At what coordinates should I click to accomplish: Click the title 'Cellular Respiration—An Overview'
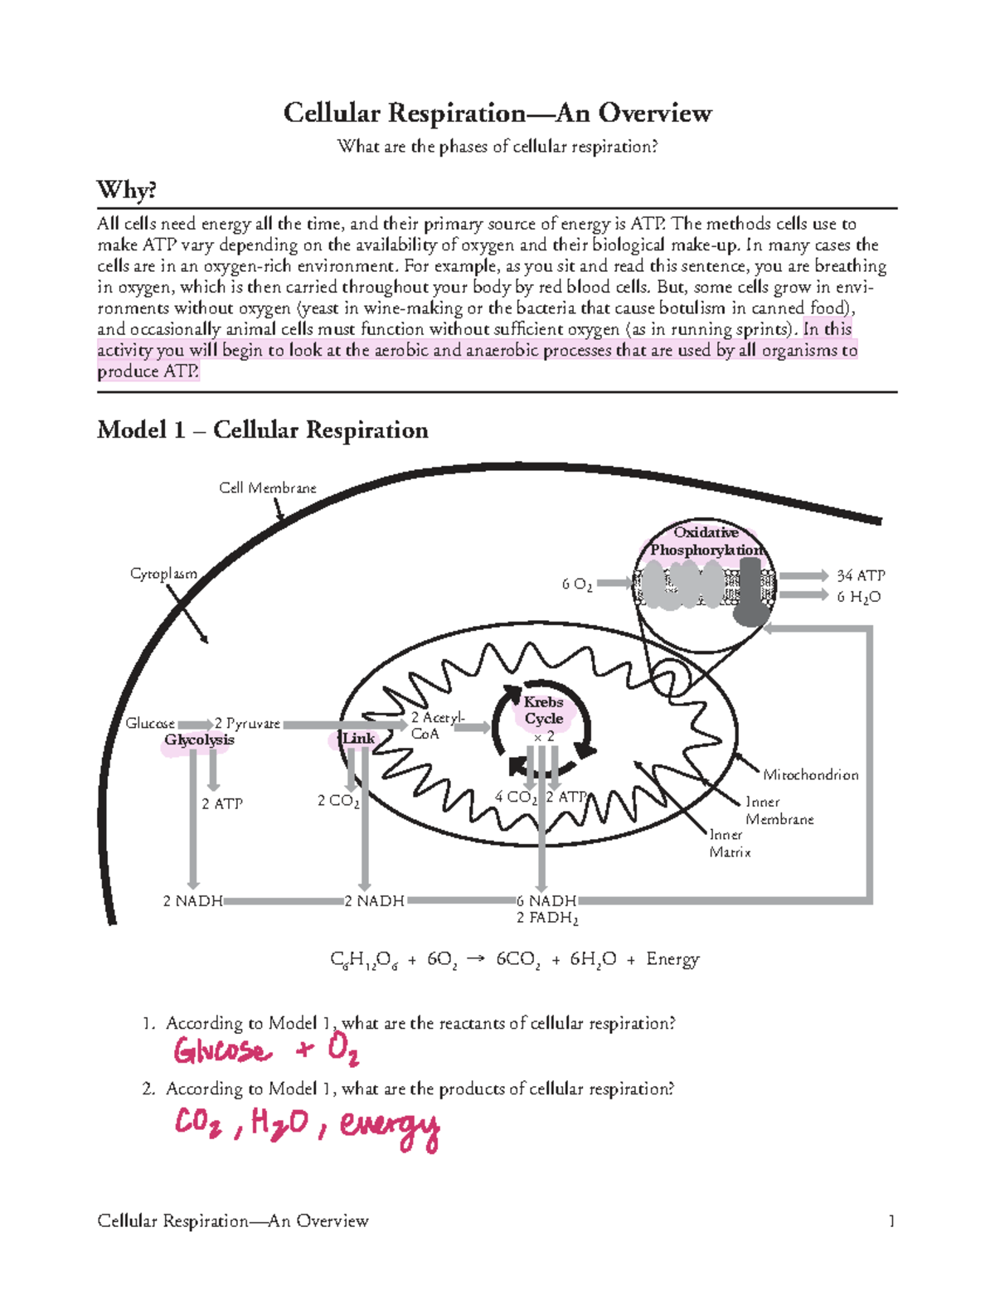click(x=498, y=113)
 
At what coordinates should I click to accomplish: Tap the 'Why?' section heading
click(x=126, y=190)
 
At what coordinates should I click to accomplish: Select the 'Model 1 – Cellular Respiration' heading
click(x=262, y=429)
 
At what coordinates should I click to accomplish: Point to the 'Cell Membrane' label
click(x=267, y=487)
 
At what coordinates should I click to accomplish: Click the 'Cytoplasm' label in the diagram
click(x=163, y=574)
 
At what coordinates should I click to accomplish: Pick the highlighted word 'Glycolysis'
click(x=199, y=740)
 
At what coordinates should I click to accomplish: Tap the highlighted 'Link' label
click(x=358, y=738)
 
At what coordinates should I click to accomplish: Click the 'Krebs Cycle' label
click(x=544, y=710)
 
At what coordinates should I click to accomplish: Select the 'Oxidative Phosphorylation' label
click(x=706, y=541)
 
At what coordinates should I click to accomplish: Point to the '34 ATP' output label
click(x=861, y=575)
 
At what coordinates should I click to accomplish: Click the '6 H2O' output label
click(x=859, y=597)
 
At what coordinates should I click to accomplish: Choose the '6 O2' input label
click(x=577, y=584)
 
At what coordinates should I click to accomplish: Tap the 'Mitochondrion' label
click(x=810, y=774)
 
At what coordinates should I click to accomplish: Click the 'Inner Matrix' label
click(x=730, y=843)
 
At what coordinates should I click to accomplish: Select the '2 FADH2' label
click(x=547, y=918)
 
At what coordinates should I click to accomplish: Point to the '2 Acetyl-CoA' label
click(x=437, y=725)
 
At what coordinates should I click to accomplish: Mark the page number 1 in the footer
click(x=891, y=1220)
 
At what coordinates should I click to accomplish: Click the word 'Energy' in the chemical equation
click(x=672, y=959)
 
